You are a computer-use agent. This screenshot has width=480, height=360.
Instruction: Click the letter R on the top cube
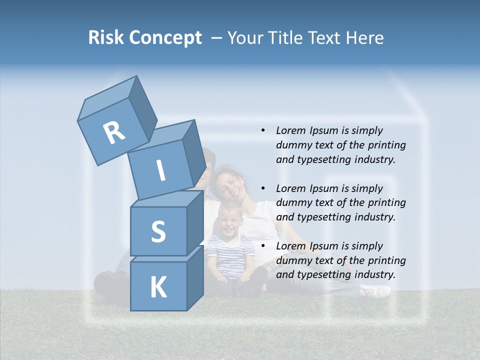coord(114,133)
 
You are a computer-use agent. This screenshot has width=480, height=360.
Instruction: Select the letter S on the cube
coord(158,231)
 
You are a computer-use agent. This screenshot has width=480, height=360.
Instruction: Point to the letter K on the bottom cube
coord(158,287)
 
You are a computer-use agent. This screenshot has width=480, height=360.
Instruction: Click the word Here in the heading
coord(365,38)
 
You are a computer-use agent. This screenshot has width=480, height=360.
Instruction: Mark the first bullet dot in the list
coord(263,131)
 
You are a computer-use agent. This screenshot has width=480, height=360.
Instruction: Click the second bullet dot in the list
coord(263,189)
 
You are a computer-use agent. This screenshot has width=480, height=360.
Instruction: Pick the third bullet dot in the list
coord(263,246)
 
